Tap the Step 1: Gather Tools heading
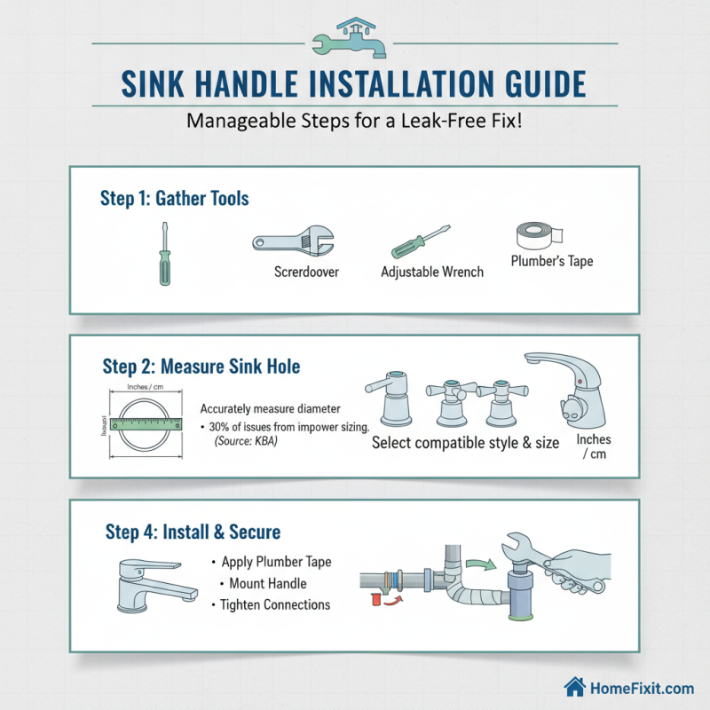[175, 198]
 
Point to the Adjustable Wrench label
[432, 272]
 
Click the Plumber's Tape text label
[552, 261]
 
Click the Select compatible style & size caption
[465, 442]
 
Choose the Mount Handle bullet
[267, 583]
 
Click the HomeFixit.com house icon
[574, 688]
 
